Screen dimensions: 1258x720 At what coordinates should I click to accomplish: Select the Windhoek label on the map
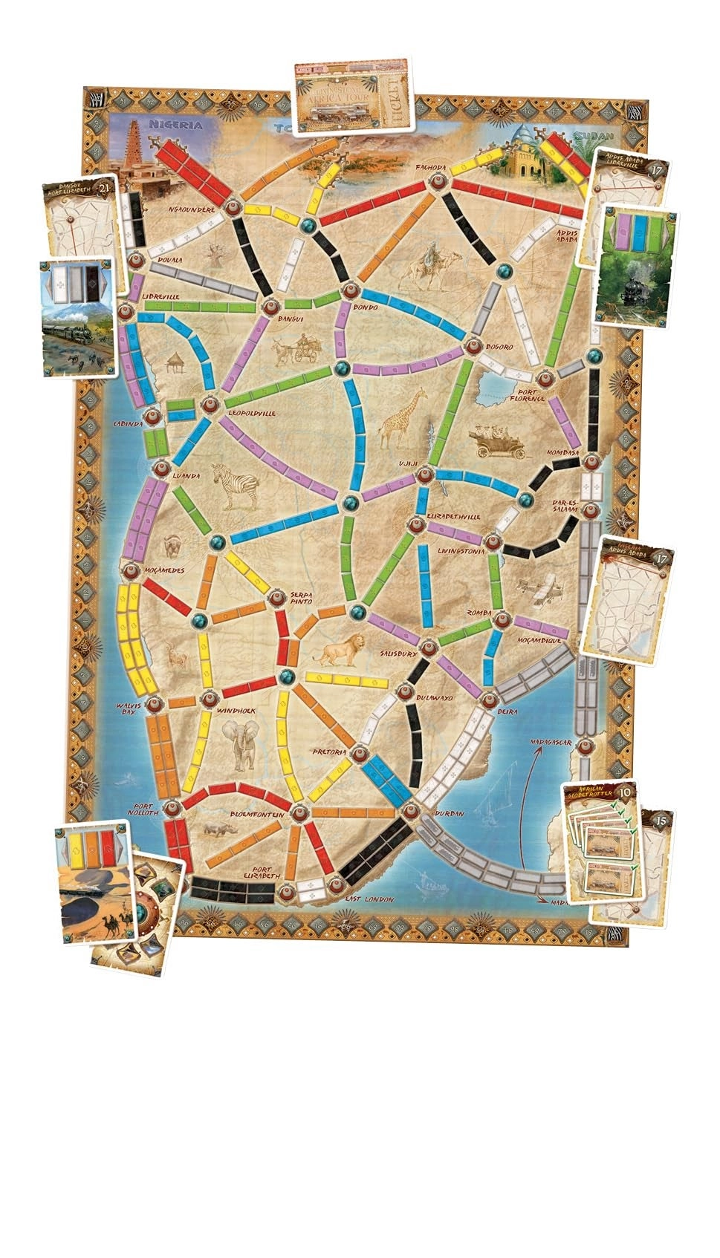click(236, 711)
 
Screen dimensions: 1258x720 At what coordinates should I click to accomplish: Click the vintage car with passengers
click(497, 440)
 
